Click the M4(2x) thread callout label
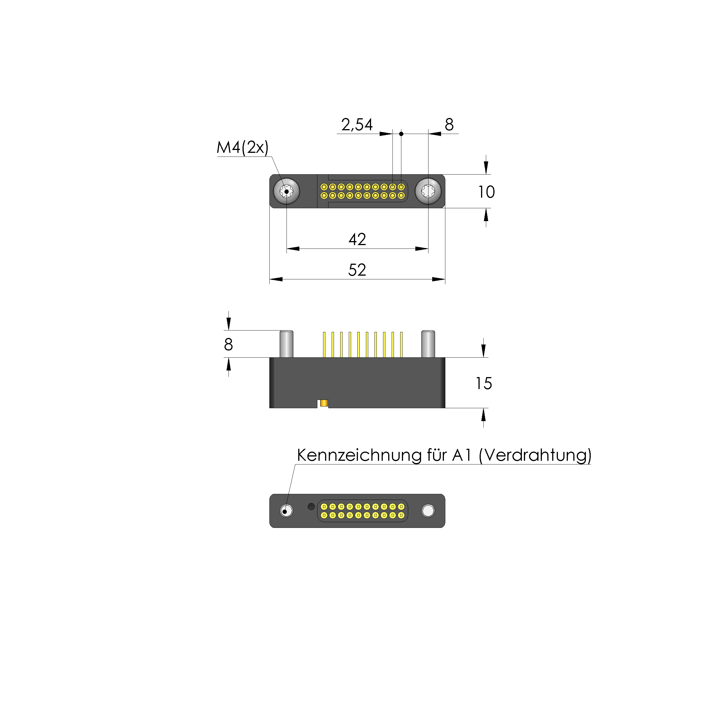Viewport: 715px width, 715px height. tap(243, 148)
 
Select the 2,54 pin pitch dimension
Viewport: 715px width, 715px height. tap(357, 125)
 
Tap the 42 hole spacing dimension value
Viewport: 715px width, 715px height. tap(357, 239)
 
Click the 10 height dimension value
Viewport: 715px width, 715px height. tap(486, 192)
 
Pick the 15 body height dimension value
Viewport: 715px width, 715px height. tap(483, 383)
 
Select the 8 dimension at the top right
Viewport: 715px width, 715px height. tap(449, 125)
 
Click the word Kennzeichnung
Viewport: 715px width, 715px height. tap(359, 455)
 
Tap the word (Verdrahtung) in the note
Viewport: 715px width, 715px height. tap(535, 455)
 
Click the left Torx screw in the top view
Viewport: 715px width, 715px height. tap(287, 191)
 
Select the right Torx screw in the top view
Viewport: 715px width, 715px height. tap(428, 191)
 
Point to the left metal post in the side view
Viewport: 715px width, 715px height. tap(287, 344)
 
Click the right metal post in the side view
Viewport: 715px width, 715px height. tap(428, 344)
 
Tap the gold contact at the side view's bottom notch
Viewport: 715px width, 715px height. tap(324, 403)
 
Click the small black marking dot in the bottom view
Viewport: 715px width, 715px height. tap(311, 506)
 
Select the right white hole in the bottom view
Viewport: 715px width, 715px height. tap(428, 511)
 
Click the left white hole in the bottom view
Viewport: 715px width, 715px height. tap(287, 511)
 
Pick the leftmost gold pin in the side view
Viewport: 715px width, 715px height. tap(324, 345)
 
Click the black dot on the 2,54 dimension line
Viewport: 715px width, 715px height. tap(401, 134)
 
